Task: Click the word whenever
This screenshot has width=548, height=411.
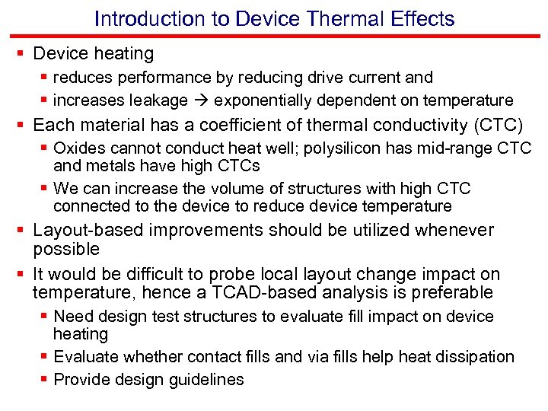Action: tap(457, 230)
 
